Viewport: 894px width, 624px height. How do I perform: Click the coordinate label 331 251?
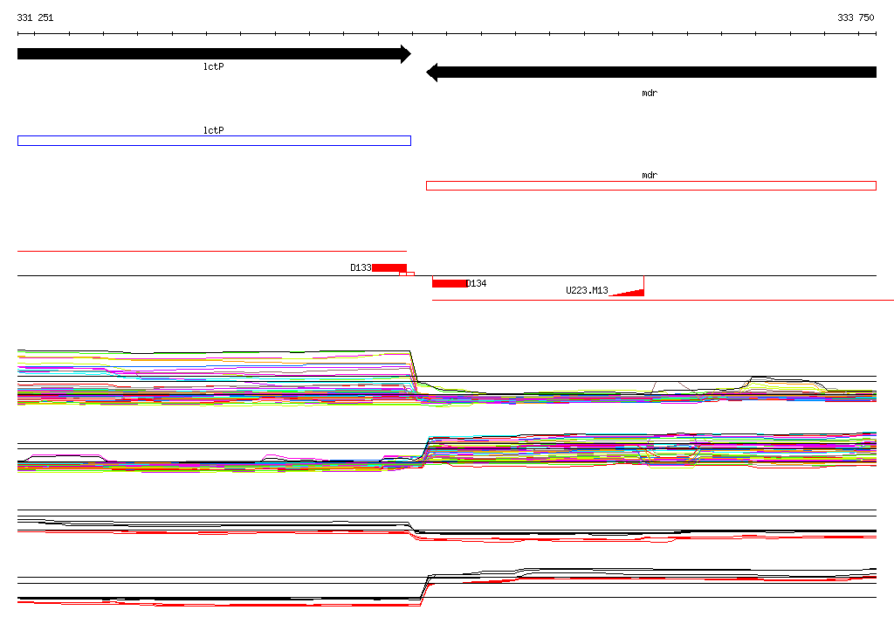(x=35, y=17)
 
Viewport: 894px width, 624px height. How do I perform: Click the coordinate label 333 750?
(x=856, y=17)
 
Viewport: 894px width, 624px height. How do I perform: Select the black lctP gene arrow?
(x=215, y=54)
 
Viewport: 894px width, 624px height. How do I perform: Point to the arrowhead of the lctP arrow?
(x=410, y=54)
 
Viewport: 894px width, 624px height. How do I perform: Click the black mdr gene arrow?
(x=651, y=73)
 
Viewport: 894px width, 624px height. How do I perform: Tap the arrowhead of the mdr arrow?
(x=427, y=73)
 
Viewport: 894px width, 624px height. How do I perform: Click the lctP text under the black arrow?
(x=214, y=66)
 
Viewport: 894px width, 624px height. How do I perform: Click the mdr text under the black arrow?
(x=650, y=93)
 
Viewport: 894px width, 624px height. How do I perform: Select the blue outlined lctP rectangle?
(x=215, y=136)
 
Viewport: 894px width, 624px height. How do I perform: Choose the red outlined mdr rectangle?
(x=651, y=182)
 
